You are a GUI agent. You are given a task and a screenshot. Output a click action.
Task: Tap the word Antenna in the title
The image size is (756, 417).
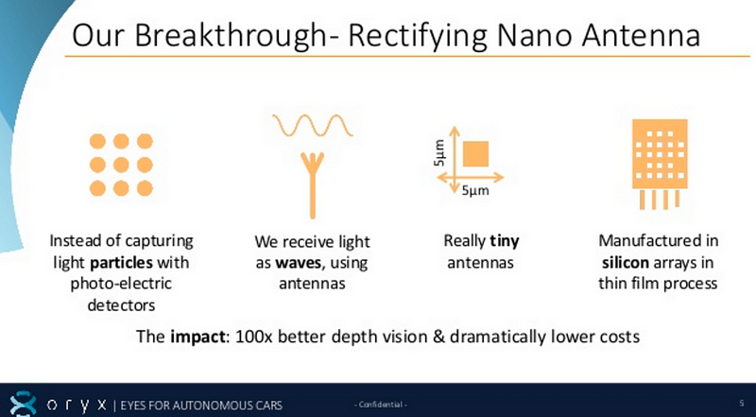(x=641, y=36)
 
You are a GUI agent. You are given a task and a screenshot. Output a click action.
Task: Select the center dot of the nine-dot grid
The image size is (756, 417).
(x=121, y=165)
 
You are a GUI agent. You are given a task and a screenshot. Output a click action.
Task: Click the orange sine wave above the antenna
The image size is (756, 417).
(x=313, y=126)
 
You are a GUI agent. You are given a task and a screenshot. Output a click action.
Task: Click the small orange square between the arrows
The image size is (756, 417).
(x=476, y=153)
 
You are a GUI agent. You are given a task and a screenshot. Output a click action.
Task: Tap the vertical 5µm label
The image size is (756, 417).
(x=438, y=152)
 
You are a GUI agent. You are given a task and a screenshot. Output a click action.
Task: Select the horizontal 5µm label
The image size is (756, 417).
(x=475, y=190)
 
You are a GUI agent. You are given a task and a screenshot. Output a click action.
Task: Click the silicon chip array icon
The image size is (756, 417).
(x=660, y=165)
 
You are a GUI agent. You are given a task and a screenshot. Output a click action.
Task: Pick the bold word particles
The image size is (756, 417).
(x=122, y=262)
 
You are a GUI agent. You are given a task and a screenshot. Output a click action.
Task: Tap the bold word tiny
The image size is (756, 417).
(x=505, y=240)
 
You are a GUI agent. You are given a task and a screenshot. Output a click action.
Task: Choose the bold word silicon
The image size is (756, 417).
(x=626, y=262)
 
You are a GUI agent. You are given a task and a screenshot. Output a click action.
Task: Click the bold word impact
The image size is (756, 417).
(x=198, y=336)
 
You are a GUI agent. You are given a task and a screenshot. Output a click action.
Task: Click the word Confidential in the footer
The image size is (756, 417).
(x=381, y=405)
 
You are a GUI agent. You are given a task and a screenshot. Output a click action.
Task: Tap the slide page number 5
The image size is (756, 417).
(x=742, y=403)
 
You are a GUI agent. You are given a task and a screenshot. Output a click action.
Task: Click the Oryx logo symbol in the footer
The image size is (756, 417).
(x=23, y=404)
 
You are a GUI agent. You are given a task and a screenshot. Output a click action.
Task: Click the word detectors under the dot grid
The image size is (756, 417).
(x=121, y=304)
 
